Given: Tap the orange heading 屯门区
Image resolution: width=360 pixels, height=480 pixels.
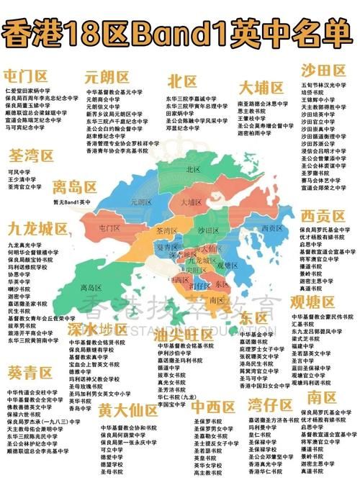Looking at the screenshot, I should pos(25,76).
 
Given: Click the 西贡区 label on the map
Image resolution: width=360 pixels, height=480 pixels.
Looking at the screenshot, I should pos(271,228).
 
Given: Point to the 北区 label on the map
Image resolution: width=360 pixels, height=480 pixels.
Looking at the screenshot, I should pos(193,170).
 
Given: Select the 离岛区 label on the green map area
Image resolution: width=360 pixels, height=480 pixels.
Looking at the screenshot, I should pos(91,287).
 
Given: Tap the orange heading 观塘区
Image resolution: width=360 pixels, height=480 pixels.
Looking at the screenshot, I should pos(313,301).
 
